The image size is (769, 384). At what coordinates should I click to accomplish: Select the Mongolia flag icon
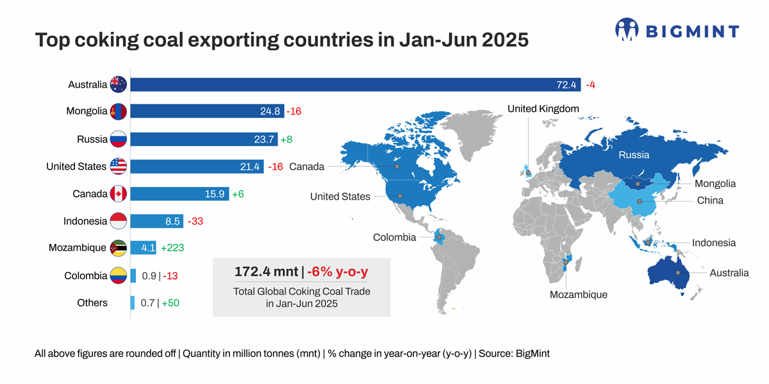119,111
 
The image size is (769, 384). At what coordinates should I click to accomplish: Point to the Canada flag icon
119,193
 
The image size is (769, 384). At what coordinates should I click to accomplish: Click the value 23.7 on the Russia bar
263,139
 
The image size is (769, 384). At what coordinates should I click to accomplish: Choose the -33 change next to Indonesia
195,221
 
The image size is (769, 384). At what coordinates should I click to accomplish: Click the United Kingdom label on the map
543,109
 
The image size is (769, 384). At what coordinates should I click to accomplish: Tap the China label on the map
710,200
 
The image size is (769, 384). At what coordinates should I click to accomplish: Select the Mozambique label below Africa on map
578,295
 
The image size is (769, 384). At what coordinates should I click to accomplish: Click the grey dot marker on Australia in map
677,273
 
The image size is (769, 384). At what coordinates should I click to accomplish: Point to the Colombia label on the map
394,237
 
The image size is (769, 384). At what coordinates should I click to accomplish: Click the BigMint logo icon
627,29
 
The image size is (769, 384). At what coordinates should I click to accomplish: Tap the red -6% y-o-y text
338,271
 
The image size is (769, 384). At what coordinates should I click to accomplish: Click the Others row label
92,303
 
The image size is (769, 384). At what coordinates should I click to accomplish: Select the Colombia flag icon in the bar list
119,276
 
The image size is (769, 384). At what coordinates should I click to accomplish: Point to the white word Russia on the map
633,155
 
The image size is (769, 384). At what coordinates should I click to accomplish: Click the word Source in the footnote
494,353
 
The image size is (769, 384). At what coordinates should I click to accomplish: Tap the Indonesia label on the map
713,243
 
